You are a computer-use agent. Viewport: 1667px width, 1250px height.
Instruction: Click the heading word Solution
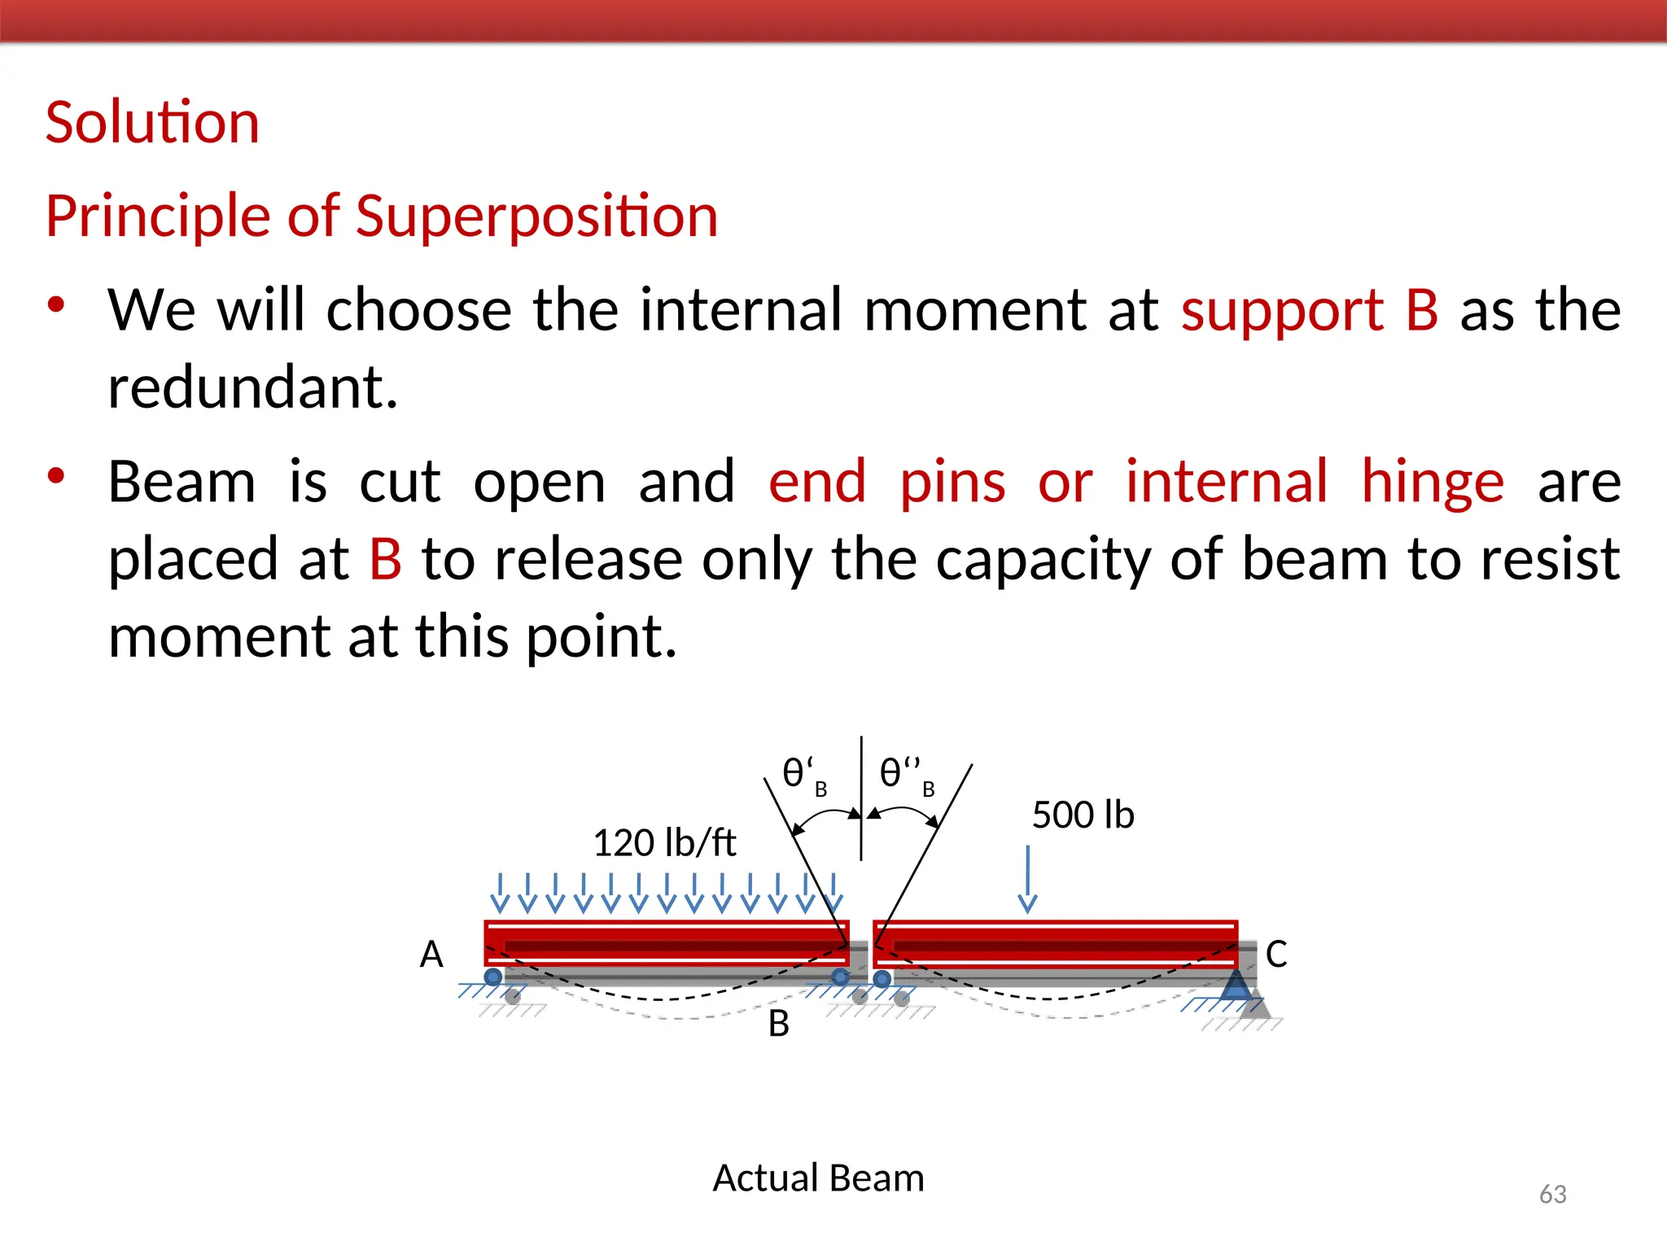152,123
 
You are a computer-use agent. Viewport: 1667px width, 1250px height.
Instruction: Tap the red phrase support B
1310,310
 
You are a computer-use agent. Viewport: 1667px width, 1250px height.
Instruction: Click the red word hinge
1433,482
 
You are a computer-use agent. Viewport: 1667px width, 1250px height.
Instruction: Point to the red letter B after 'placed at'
386,559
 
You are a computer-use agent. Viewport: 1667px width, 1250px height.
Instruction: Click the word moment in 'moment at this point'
219,636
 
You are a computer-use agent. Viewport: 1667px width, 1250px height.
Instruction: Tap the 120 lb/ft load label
664,842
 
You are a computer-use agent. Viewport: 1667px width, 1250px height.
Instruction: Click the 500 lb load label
1083,815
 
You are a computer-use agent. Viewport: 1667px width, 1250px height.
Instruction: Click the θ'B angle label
803,775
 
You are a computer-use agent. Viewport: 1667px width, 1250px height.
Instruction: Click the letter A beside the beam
431,954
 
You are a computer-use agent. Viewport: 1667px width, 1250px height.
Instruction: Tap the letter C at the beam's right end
1275,954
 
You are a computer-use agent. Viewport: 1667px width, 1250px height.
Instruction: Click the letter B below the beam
779,1024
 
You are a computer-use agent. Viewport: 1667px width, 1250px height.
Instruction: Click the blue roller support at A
493,977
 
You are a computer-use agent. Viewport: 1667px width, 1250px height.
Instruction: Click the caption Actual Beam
818,1178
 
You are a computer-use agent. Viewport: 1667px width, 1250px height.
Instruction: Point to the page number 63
1552,1194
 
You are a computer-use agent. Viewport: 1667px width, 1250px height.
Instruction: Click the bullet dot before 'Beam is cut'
55,475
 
